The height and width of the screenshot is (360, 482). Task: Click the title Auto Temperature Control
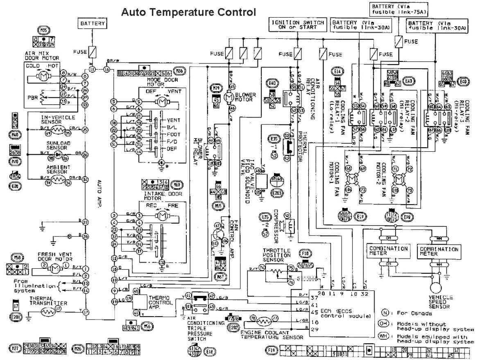(188, 12)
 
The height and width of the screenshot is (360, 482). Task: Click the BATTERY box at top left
(93, 24)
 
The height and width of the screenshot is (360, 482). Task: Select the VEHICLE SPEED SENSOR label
(440, 302)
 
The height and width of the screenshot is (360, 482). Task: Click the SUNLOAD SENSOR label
(57, 145)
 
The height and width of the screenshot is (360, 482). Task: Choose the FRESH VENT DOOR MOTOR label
(55, 256)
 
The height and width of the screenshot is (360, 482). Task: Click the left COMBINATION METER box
(388, 251)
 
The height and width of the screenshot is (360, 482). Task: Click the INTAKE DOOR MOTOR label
(158, 196)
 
